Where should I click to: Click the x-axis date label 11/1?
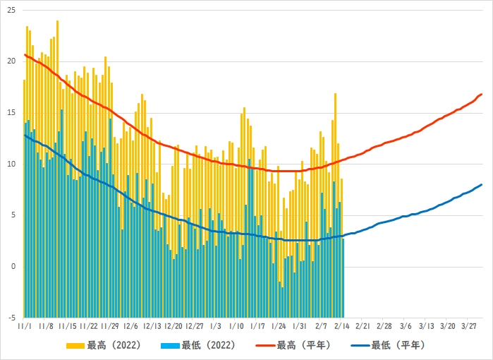click(x=25, y=327)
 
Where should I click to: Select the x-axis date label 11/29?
click(x=110, y=327)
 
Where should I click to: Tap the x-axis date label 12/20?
click(x=174, y=327)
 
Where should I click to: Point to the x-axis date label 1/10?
click(x=237, y=327)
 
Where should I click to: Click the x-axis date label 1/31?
click(x=300, y=327)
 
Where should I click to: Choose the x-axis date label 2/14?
click(x=343, y=327)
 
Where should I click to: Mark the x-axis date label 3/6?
click(x=406, y=327)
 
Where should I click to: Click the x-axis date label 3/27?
click(x=469, y=327)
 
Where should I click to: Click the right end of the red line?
click(x=482, y=94)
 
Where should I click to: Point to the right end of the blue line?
click(x=482, y=185)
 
